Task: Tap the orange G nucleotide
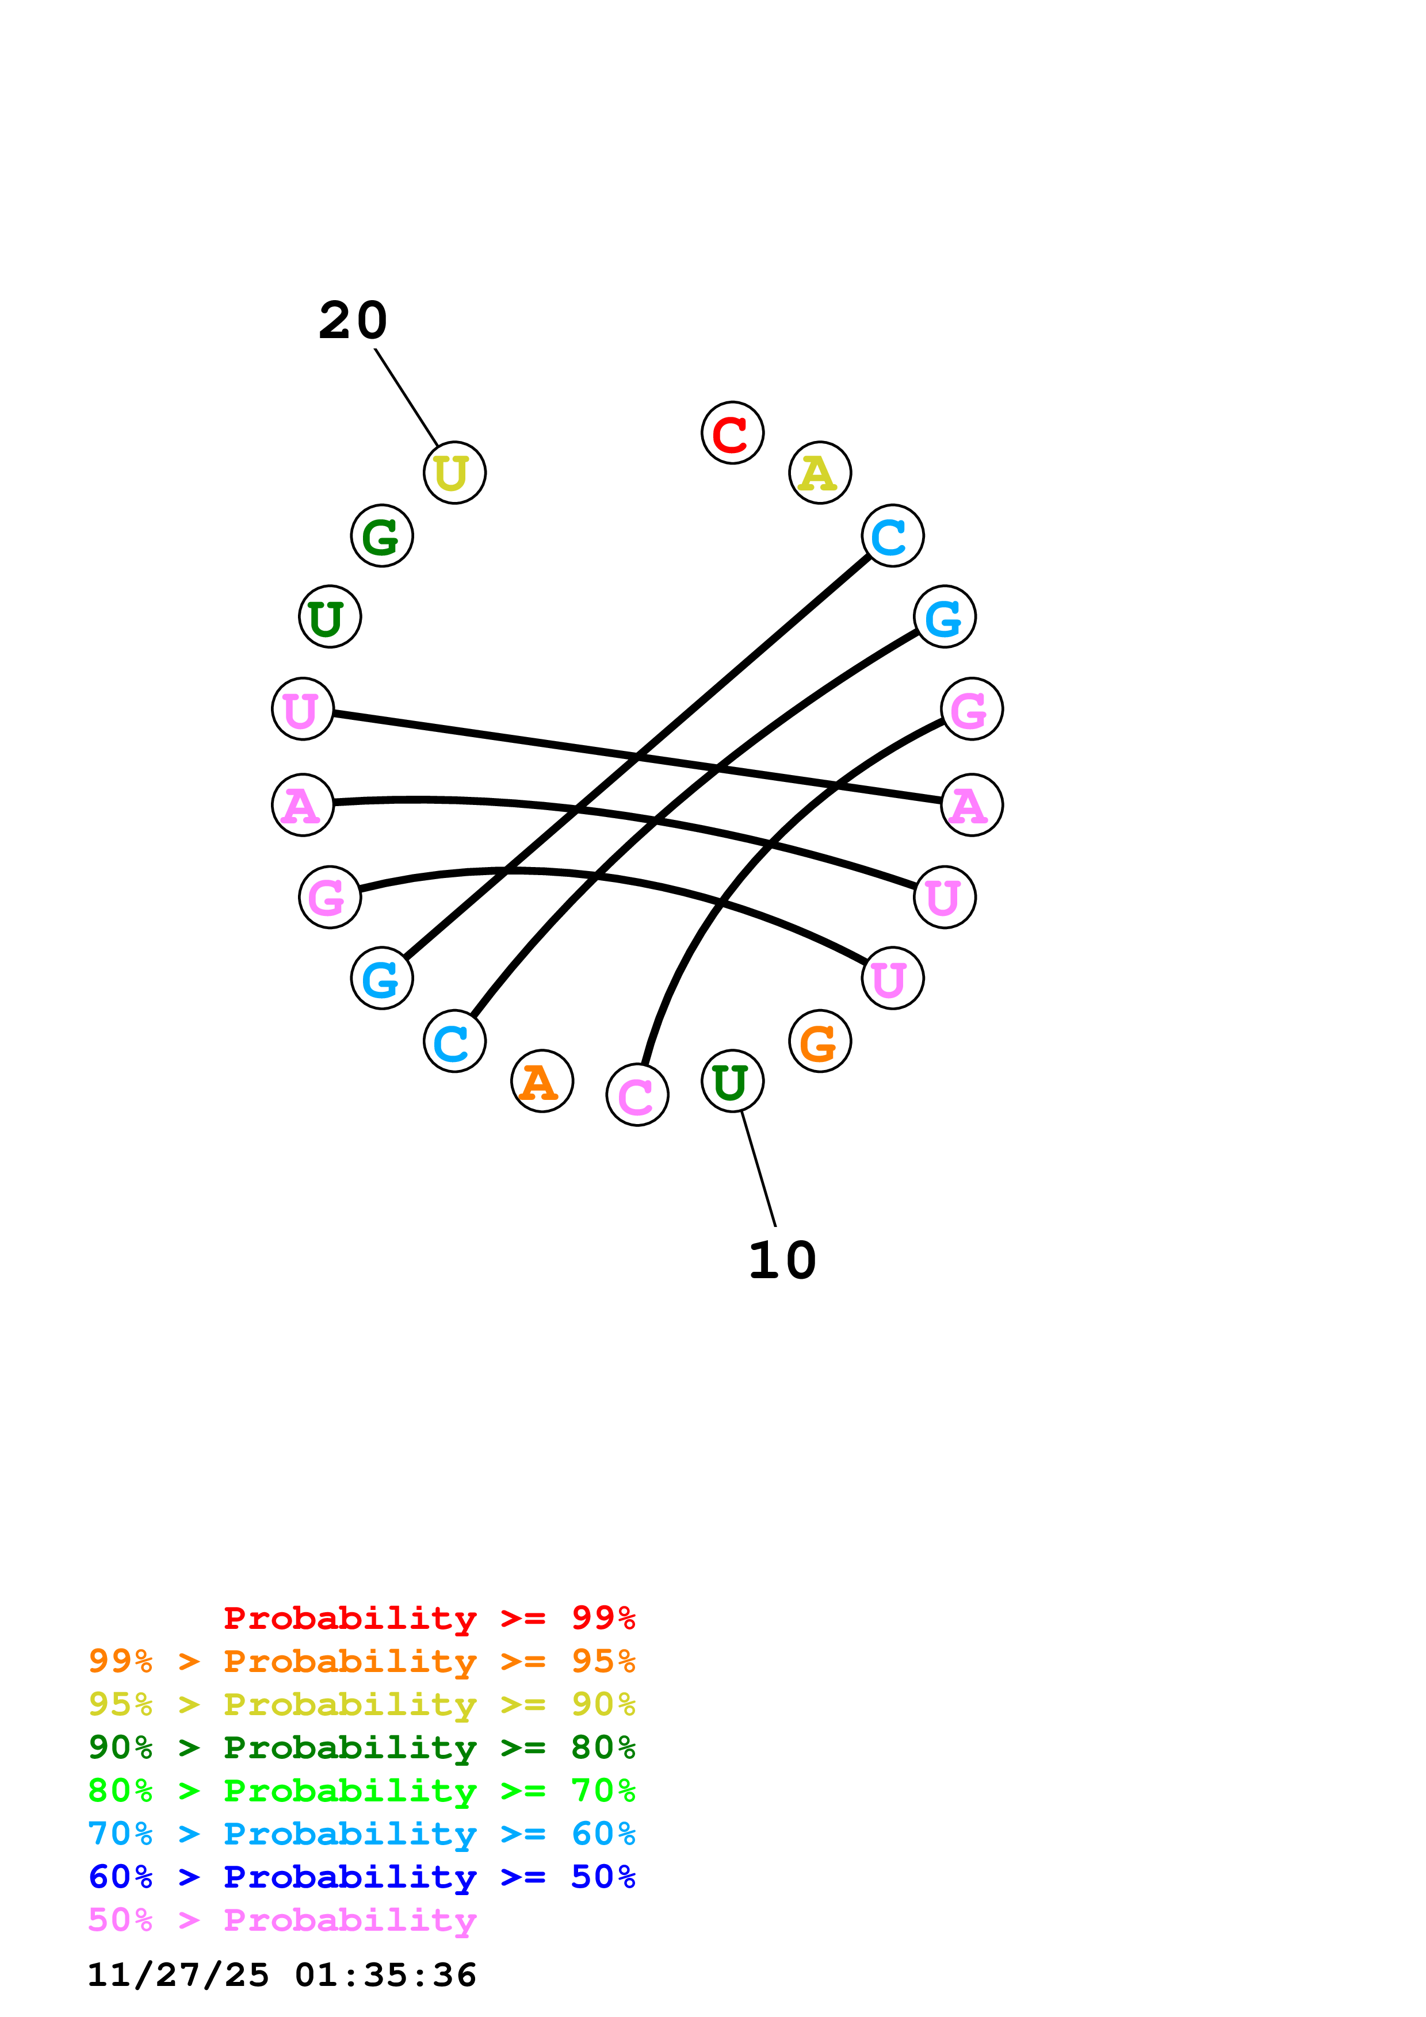(820, 1041)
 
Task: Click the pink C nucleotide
(637, 1095)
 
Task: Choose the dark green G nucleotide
(381, 536)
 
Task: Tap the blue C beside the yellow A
(893, 536)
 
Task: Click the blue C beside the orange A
(454, 1041)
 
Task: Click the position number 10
(782, 1260)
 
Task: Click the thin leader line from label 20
(406, 397)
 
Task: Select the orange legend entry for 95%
(361, 1661)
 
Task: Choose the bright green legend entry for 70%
(361, 1790)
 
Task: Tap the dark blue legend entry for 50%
(361, 1877)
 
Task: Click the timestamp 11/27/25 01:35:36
(281, 1975)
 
